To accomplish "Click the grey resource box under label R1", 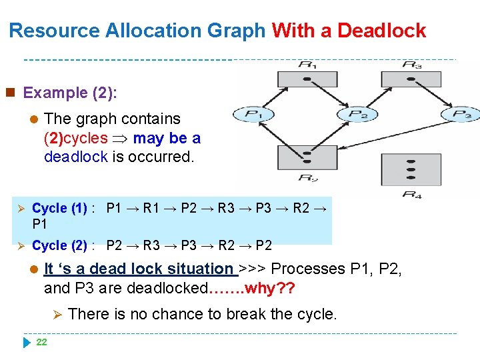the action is tap(307, 79).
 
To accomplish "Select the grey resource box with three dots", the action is tap(411, 169).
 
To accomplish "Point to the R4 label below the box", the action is tap(411, 194).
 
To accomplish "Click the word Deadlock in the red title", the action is tap(381, 31).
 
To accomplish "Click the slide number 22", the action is tap(41, 342).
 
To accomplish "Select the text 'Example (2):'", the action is tap(70, 93).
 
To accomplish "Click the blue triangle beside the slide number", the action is tap(27, 342).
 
